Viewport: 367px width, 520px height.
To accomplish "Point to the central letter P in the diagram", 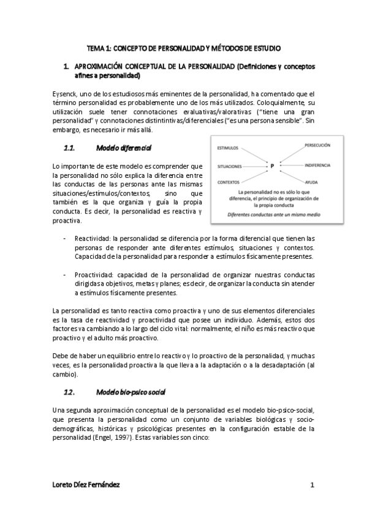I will tap(271, 166).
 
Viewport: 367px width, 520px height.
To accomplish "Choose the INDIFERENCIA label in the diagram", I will tap(317, 166).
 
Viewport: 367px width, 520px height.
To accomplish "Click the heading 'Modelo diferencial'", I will tap(124, 148).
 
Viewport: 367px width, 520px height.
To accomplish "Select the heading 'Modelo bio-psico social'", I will tap(131, 391).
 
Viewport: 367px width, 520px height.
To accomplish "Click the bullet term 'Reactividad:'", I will tap(93, 238).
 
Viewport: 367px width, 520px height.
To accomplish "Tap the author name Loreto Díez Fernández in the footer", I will tap(86, 484).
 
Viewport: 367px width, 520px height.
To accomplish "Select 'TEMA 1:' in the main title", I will tap(98, 47).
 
